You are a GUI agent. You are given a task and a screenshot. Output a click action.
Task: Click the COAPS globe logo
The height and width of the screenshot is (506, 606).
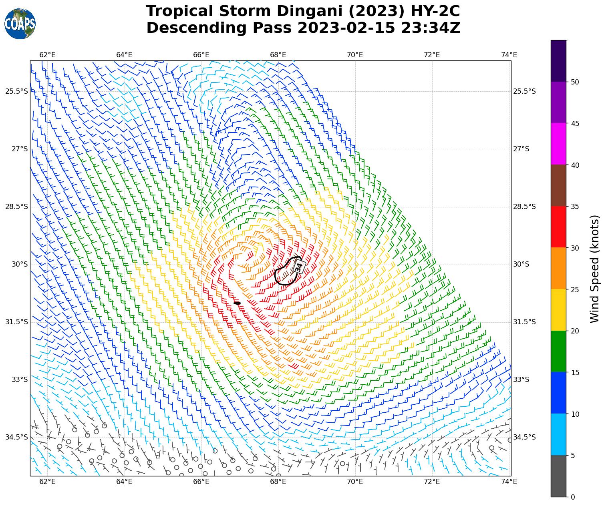pos(20,24)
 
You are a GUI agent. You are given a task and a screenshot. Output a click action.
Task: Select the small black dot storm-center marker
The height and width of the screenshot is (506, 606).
pos(237,303)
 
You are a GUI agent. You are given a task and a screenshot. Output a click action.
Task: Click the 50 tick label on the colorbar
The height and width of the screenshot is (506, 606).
pos(575,82)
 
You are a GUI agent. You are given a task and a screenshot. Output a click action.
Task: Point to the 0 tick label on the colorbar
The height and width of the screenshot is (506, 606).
pos(573,497)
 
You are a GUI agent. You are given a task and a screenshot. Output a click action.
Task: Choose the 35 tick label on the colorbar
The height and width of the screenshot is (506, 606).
pos(575,207)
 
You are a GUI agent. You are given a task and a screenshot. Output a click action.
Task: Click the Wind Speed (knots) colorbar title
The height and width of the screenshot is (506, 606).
pos(595,269)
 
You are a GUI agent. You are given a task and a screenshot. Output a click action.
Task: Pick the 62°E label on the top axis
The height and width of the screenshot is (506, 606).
pos(47,55)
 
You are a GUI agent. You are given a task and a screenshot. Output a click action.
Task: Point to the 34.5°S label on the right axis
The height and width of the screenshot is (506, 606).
pos(524,437)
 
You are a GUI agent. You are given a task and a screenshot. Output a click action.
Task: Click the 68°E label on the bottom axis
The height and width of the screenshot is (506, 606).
pos(278,482)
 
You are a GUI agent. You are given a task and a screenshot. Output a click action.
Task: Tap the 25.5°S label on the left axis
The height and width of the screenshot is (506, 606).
pos(17,91)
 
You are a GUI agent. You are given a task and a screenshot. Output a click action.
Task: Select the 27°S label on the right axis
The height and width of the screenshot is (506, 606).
pos(521,149)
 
